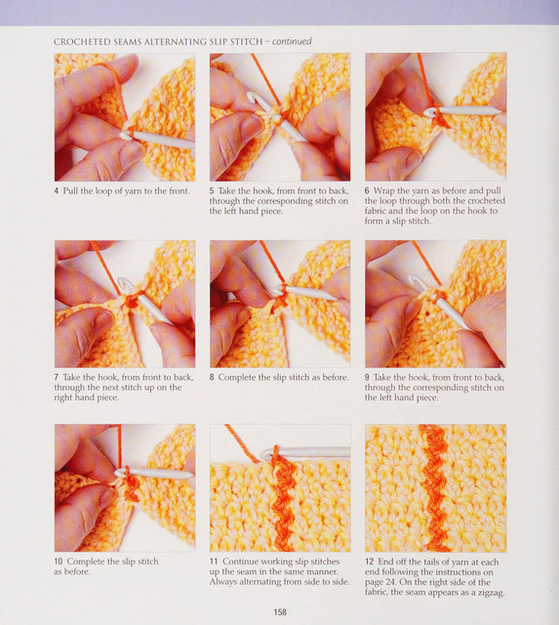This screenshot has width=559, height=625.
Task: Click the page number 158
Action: click(280, 612)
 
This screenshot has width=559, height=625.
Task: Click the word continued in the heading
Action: click(292, 41)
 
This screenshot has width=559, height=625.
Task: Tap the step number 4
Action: click(57, 191)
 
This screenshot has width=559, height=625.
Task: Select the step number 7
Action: click(57, 378)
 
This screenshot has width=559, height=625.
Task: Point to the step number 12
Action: click(369, 562)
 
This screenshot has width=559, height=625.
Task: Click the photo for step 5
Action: click(280, 117)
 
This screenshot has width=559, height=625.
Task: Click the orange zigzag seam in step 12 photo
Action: click(435, 487)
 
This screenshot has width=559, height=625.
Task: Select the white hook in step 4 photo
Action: click(157, 139)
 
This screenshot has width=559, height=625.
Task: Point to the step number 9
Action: click(367, 378)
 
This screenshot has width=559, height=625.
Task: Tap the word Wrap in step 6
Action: click(383, 191)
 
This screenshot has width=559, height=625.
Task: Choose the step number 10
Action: click(59, 562)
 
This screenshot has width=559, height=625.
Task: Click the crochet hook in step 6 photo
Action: click(461, 111)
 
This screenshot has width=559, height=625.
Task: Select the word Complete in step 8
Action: click(235, 378)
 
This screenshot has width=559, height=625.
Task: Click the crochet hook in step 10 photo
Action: click(153, 474)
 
